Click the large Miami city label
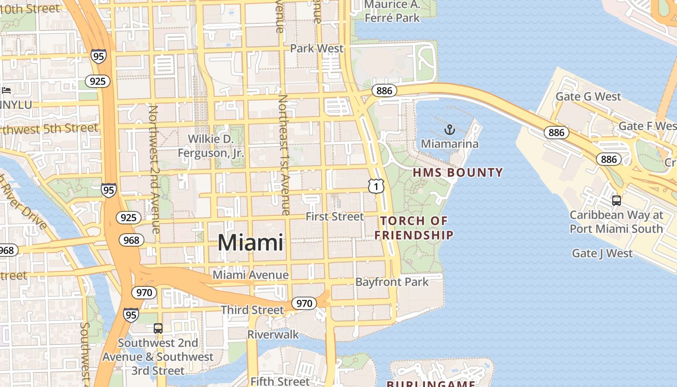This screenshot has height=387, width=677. coord(250,242)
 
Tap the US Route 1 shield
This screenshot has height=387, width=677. coord(376,186)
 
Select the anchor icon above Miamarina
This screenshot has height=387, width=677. coord(450,130)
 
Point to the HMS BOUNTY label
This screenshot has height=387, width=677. coord(457,172)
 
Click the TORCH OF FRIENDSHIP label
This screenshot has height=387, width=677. coord(414,228)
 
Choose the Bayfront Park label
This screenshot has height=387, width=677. coord(392,282)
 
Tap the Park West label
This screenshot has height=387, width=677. coord(317,48)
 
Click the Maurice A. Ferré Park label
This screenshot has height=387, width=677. coord(392,12)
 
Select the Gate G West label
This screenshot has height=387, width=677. coord(588,96)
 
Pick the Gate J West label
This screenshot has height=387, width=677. coord(602,253)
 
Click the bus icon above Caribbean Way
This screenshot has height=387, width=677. coord(616,200)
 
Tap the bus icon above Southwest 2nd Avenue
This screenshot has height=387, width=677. coord(158,328)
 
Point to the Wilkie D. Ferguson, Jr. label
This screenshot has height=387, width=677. coord(211,146)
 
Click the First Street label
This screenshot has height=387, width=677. coord(335,216)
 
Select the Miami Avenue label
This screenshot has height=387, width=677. coord(250,275)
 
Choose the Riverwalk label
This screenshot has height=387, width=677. coord(273,334)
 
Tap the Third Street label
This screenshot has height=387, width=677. coord(252,310)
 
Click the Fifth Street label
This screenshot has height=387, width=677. coord(280,381)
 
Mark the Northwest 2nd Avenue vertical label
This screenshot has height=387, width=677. coord(154,169)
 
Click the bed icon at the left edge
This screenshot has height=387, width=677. coord(6,90)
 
